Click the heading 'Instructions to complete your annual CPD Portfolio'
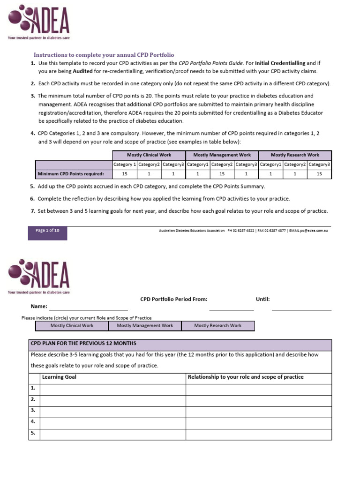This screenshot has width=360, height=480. pyautogui.click(x=104, y=55)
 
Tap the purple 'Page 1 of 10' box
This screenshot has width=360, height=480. pyautogui.click(x=47, y=231)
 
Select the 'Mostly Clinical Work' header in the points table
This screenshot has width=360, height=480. pyautogui.click(x=149, y=155)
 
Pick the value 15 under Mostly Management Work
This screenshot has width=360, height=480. pyautogui.click(x=222, y=174)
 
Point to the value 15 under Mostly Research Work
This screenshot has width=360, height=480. pyautogui.click(x=319, y=174)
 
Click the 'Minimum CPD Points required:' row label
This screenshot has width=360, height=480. pyautogui.click(x=74, y=174)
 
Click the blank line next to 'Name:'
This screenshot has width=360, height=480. pyautogui.click(x=84, y=307)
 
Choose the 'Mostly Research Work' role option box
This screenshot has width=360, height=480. pyautogui.click(x=218, y=325)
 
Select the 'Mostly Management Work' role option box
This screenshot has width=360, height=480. pyautogui.click(x=145, y=325)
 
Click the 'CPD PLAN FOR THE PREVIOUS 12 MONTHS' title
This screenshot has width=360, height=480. pyautogui.click(x=83, y=344)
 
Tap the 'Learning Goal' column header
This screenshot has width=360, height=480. pyautogui.click(x=59, y=377)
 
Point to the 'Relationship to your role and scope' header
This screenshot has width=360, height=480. pyautogui.click(x=245, y=377)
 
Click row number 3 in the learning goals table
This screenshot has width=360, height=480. pyautogui.click(x=33, y=410)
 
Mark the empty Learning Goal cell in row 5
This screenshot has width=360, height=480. pyautogui.click(x=112, y=434)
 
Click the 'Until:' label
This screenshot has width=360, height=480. pyautogui.click(x=262, y=299)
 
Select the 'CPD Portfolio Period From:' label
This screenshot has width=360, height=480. pyautogui.click(x=173, y=299)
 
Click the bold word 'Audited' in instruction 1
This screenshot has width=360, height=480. pyautogui.click(x=82, y=71)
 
